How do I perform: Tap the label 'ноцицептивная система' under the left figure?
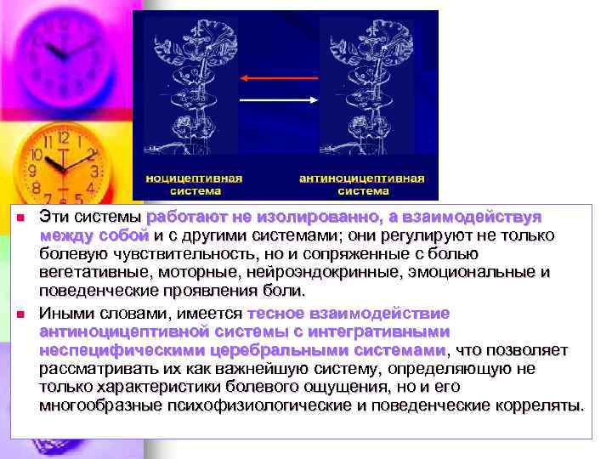pos(195,184)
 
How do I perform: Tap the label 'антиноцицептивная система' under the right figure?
pos(361,184)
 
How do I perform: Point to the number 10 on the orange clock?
pos(37,156)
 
